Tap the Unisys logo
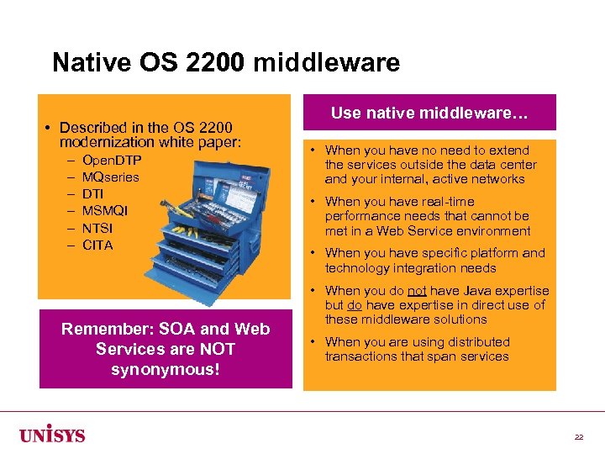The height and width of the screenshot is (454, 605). [52, 435]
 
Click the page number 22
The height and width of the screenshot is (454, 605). [579, 437]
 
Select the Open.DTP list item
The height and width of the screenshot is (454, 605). [112, 160]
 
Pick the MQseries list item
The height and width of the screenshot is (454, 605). [110, 177]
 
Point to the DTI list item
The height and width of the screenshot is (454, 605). [92, 193]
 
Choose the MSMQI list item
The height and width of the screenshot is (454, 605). [105, 210]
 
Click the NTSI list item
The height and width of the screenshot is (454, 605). [97, 228]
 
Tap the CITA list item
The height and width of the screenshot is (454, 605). [97, 245]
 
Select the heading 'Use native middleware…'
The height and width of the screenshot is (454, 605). [429, 113]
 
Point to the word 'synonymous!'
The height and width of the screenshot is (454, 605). [166, 368]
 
